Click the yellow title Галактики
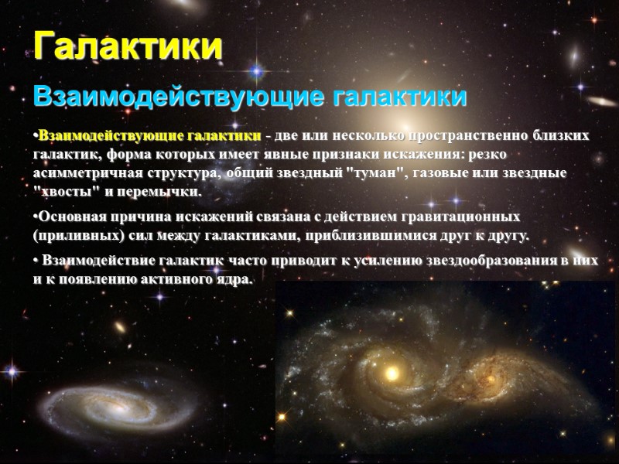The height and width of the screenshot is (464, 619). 128,46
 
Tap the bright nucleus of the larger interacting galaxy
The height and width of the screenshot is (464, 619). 394,373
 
